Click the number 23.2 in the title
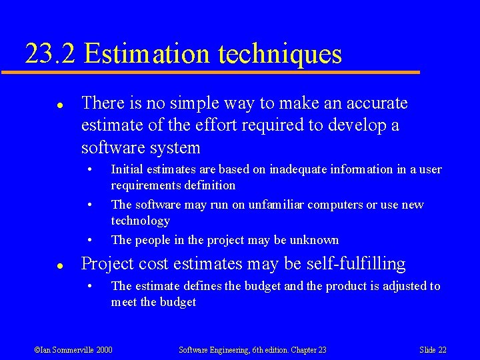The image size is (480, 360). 51,53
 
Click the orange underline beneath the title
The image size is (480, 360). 220,72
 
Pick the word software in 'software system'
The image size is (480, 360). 113,147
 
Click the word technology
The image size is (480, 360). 140,221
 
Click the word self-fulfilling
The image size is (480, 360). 356,264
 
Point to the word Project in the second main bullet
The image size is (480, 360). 107,264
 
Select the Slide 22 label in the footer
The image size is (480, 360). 433,349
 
